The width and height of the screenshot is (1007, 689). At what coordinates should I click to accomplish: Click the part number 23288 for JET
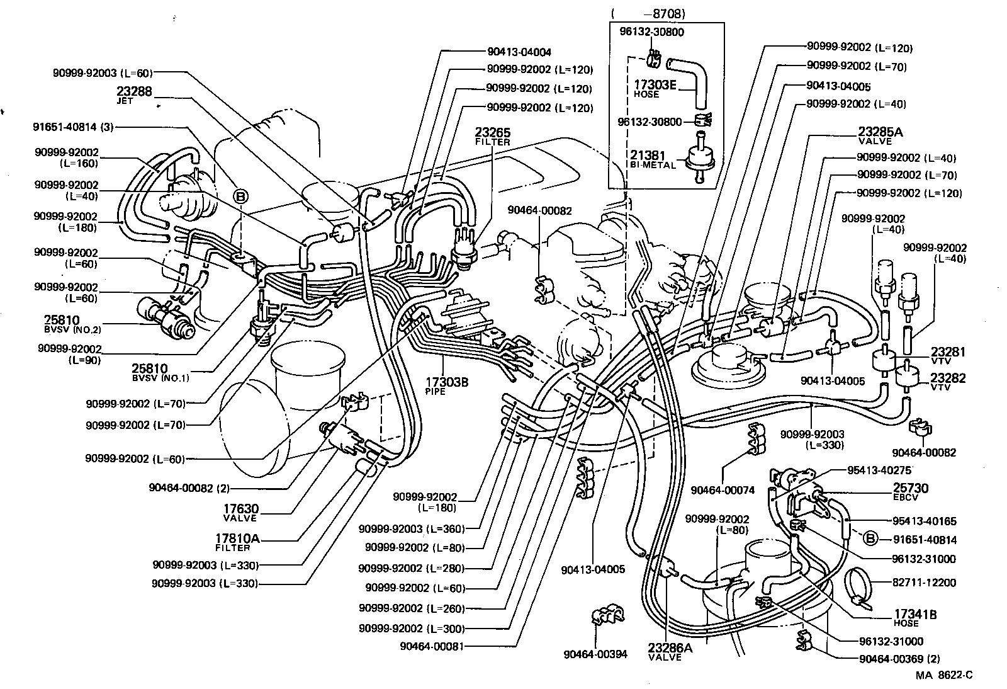tap(134, 91)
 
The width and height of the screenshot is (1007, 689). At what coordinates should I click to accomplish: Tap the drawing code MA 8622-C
tap(943, 675)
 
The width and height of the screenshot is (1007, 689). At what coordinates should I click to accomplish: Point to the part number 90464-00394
tap(595, 654)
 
